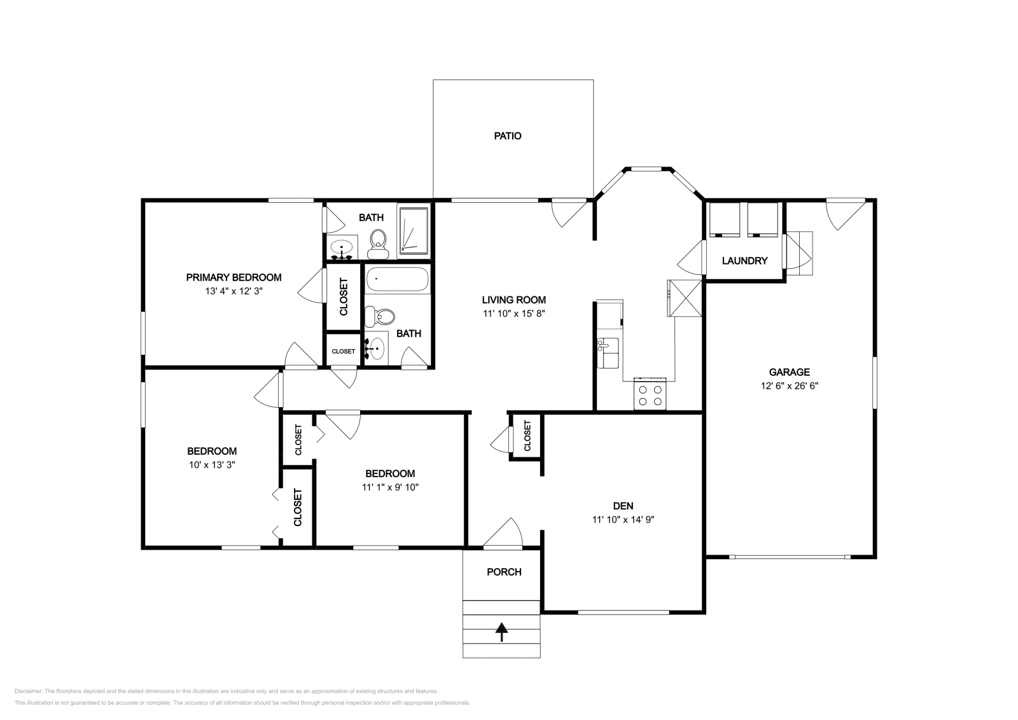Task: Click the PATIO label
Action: [x=508, y=135]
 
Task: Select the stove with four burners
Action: [x=650, y=395]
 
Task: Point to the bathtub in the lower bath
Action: [x=398, y=279]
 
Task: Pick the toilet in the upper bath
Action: [x=378, y=243]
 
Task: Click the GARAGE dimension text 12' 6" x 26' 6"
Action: [x=789, y=385]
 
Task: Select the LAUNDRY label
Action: [x=744, y=261]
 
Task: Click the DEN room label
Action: [x=623, y=506]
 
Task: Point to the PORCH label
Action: [x=504, y=572]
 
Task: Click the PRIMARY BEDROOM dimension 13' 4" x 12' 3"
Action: [x=234, y=291]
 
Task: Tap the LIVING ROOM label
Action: [x=513, y=300]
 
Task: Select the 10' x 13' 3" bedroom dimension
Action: [x=212, y=465]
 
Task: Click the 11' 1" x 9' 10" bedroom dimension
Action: [x=390, y=487]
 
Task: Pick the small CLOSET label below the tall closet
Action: [x=344, y=351]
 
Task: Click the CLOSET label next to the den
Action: [x=527, y=436]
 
